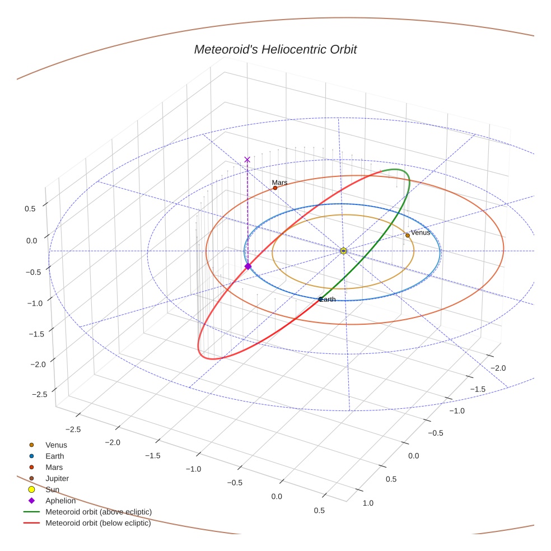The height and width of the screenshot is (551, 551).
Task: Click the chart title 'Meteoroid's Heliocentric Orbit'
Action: click(275, 49)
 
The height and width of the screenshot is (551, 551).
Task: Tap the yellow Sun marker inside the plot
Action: click(343, 251)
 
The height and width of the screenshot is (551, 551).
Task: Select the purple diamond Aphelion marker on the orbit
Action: click(248, 266)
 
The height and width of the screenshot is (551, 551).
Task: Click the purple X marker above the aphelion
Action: click(247, 160)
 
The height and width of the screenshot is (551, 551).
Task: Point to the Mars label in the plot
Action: click(279, 183)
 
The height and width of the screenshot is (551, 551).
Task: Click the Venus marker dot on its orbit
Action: click(408, 235)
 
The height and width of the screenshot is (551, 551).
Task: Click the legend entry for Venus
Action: click(56, 445)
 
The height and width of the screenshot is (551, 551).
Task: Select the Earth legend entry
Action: click(55, 456)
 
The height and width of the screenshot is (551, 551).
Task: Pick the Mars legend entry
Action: click(54, 467)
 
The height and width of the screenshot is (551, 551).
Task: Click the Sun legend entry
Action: click(52, 489)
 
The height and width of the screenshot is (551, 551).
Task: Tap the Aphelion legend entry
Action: click(60, 501)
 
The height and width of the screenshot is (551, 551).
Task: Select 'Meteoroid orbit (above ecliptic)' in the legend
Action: click(98, 512)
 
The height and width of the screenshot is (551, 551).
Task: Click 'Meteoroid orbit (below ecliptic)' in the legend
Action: click(98, 523)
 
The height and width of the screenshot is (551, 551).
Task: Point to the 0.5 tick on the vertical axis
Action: click(30, 208)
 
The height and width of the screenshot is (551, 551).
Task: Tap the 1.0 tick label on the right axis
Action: click(368, 503)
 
